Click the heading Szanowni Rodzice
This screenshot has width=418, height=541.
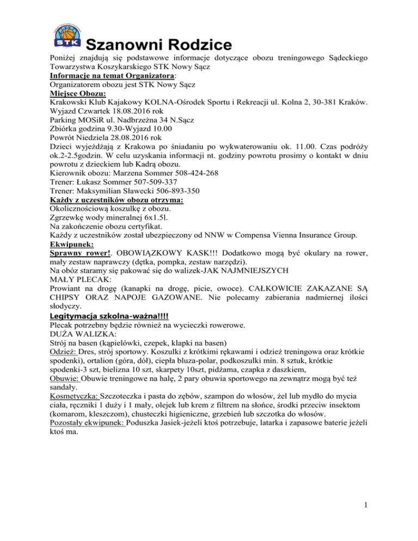click(159, 44)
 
